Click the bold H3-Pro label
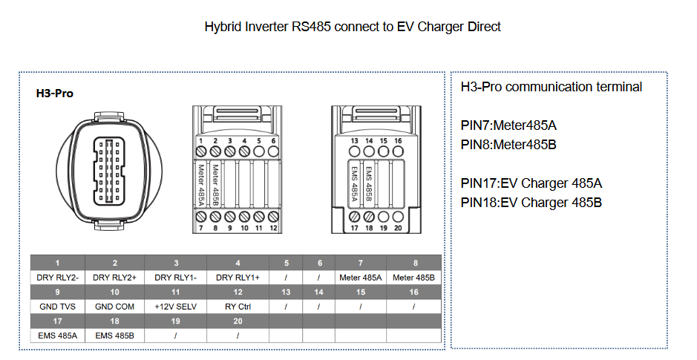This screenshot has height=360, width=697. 55,94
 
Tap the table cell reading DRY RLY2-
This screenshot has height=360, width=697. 57,278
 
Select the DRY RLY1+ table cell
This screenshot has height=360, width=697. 238,278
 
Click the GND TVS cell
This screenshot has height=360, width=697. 57,307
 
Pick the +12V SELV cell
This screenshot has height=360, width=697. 176,307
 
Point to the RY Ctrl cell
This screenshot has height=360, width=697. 238,307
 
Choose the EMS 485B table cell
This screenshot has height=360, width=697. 115,336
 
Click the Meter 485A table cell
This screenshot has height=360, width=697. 361,278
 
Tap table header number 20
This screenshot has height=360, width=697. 238,321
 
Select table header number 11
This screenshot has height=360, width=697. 176,292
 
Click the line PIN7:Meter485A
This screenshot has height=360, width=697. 508,125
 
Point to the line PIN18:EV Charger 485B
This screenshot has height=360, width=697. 531,203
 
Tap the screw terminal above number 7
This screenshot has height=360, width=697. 201,217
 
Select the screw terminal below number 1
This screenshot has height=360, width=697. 201,151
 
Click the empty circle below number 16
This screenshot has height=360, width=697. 398,151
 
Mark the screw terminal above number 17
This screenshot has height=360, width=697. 354,217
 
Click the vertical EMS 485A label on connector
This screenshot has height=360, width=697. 354,184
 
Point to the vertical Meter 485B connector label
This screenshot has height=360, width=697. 215,185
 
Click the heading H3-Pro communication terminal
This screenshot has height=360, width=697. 552,87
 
